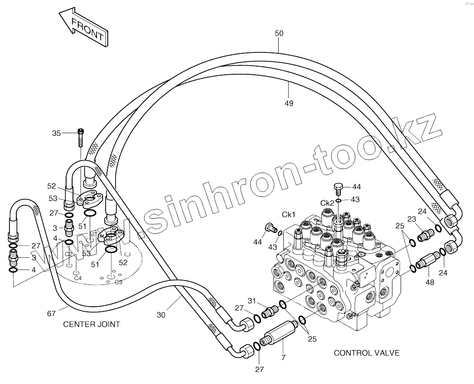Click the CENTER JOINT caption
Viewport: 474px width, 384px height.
pos(91,324)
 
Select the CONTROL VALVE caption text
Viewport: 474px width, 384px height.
pos(367,353)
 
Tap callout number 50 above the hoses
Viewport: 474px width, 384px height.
pos(279,34)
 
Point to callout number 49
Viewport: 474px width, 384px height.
pos(289,103)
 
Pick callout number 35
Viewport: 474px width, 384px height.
pos(57,133)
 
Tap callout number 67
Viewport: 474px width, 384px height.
pos(52,314)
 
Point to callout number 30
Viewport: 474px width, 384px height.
pos(161,314)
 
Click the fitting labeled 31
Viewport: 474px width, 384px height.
pos(270,312)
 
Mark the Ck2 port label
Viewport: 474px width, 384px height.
pos(328,203)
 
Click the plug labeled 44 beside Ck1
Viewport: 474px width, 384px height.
pos(270,227)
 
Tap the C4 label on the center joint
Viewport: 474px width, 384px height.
pos(78,278)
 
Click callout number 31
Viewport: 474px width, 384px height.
pos(251,300)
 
